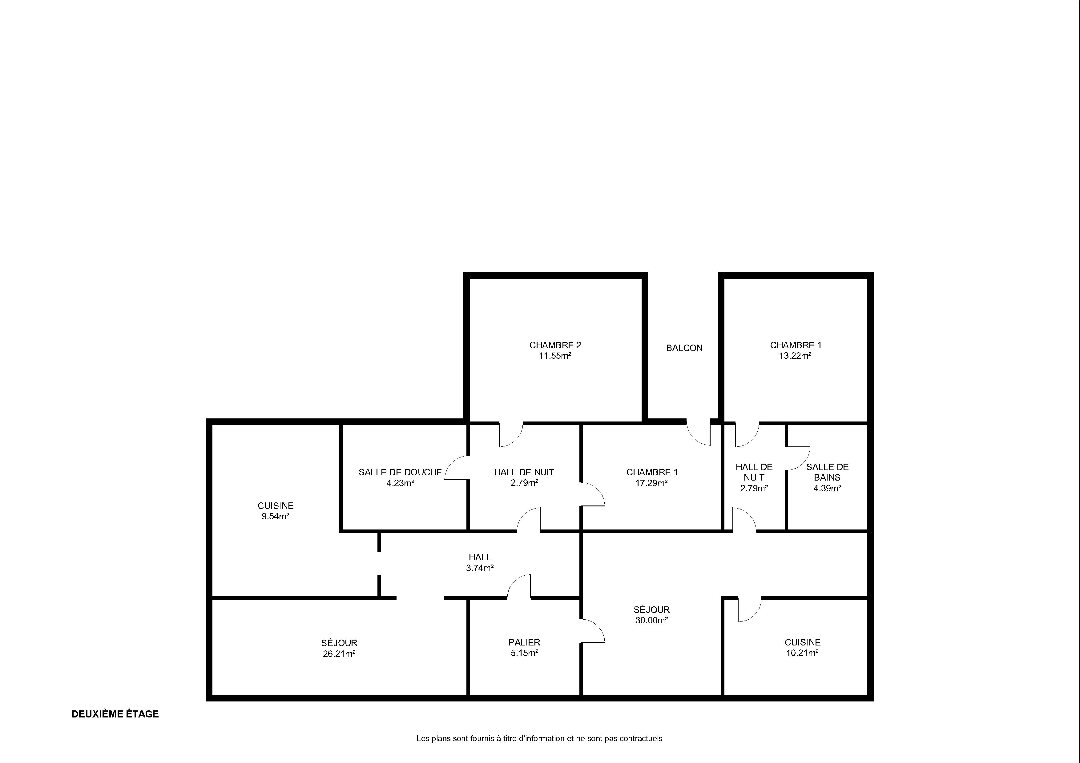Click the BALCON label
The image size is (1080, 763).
tap(684, 348)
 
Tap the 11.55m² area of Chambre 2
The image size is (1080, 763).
tap(555, 356)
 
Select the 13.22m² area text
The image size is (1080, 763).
tap(796, 356)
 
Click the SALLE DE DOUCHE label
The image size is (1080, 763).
tap(400, 472)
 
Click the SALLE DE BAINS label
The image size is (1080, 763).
tap(828, 472)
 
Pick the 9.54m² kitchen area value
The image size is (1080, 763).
tap(275, 516)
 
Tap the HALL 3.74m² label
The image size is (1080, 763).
tap(480, 562)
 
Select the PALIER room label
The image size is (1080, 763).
tap(524, 642)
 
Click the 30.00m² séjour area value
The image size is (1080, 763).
tap(651, 620)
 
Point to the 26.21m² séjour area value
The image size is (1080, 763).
tap(339, 653)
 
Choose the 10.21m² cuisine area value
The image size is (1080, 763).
tap(803, 653)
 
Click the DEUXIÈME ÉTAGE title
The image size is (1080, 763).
tap(115, 714)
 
